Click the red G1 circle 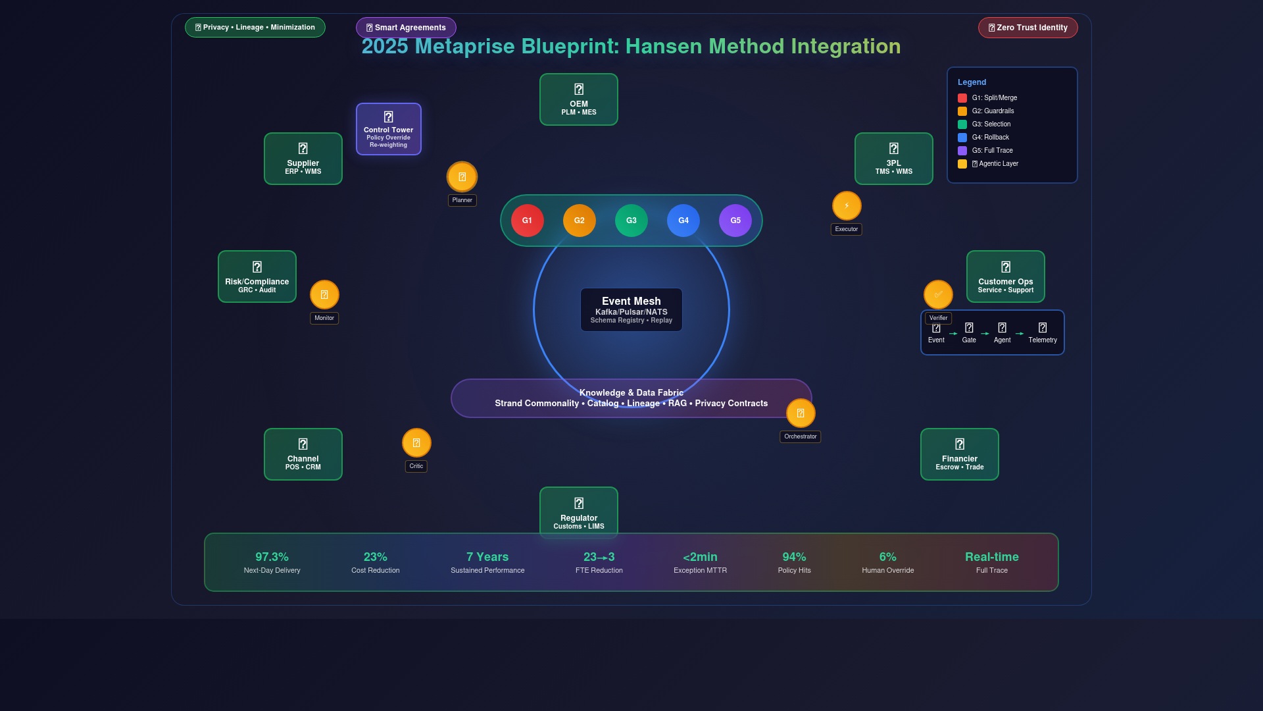[x=527, y=221]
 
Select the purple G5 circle [x=735, y=221]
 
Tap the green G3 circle [x=631, y=221]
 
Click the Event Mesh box [x=631, y=309]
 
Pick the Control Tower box [x=388, y=129]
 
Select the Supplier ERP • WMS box [x=303, y=159]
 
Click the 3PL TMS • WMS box [x=893, y=159]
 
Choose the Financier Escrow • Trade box [x=959, y=454]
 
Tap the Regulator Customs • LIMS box [x=578, y=512]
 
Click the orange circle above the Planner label [x=462, y=176]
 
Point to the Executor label [x=846, y=229]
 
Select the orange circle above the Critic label [x=416, y=443]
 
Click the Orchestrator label [x=800, y=436]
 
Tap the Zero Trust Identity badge [x=1028, y=28]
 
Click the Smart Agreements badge [x=406, y=28]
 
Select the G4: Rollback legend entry [x=990, y=138]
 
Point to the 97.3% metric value [x=272, y=557]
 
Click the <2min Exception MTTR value [x=700, y=557]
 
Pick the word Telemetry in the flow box [x=1043, y=340]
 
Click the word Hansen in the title [x=663, y=47]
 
